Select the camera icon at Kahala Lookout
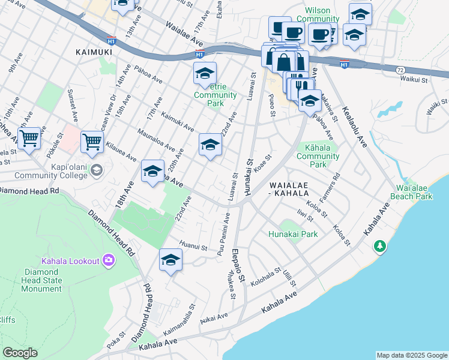pos(109,260)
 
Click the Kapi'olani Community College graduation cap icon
pos(95,171)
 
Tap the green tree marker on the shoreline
pos(379,246)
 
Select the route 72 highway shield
pos(400,70)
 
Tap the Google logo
pos(20,352)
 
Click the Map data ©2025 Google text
pos(411,355)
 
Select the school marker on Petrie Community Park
pos(205,74)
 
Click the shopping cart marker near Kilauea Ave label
pos(92,142)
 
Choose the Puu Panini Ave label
pos(220,231)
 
